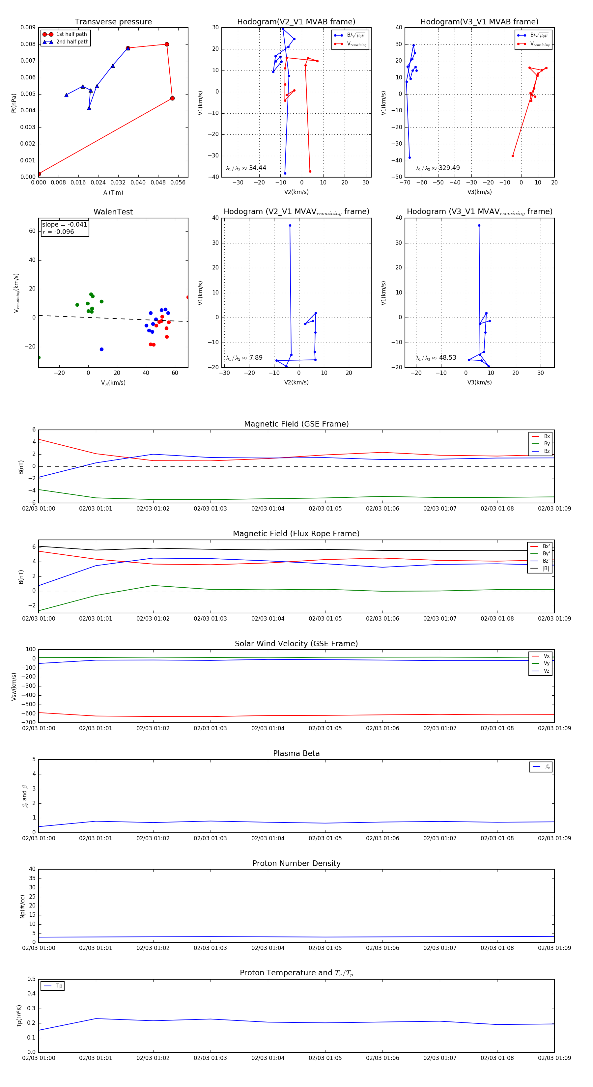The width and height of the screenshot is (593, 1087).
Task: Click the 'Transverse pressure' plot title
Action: click(x=113, y=22)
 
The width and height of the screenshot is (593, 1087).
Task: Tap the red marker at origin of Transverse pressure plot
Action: click(x=39, y=174)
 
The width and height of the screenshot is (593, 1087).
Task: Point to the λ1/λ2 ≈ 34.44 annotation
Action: click(x=246, y=168)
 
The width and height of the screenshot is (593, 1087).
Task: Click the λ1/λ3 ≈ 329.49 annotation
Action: click(x=438, y=168)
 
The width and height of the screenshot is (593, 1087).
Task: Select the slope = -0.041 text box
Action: click(x=65, y=225)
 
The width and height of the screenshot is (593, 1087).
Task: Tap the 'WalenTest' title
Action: click(x=113, y=212)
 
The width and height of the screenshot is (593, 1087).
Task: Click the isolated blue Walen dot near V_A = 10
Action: click(x=101, y=349)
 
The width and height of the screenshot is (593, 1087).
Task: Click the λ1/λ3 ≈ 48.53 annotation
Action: click(x=436, y=358)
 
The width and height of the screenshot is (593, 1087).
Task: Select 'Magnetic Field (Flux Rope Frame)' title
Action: click(x=296, y=534)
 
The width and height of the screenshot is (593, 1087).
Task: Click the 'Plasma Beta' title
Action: click(x=296, y=753)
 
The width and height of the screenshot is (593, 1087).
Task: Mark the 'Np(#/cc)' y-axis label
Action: click(x=22, y=906)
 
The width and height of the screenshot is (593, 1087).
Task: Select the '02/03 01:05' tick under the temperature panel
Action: click(x=325, y=1058)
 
